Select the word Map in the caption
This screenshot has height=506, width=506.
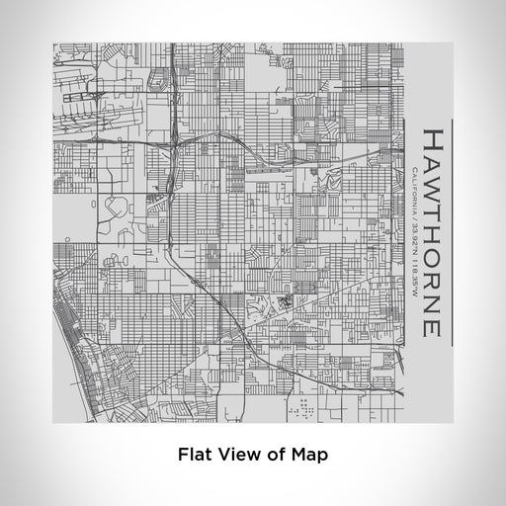point(308,456)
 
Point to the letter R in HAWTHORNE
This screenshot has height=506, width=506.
point(433,282)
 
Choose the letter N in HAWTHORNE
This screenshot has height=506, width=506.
point(433,304)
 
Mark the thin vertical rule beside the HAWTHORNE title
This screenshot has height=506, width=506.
point(453,233)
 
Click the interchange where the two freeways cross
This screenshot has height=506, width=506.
point(175,140)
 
